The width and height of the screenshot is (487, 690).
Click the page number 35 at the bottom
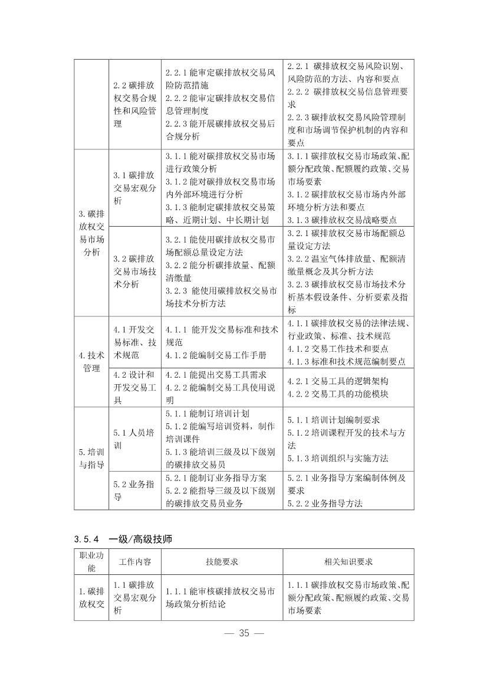click(244, 633)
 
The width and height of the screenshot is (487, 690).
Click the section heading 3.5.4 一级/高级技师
click(123, 539)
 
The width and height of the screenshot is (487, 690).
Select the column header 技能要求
click(222, 562)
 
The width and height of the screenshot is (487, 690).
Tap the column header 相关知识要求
click(348, 562)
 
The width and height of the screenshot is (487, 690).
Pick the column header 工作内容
click(135, 562)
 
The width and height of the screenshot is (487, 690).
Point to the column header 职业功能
click(91, 562)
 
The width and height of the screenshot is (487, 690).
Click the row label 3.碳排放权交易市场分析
click(91, 233)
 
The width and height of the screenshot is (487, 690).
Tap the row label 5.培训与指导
click(91, 458)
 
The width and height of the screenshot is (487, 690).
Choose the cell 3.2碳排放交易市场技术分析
click(135, 272)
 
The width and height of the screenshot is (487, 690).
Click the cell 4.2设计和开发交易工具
click(135, 387)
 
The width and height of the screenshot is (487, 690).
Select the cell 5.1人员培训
click(135, 439)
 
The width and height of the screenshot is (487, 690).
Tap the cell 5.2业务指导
click(135, 490)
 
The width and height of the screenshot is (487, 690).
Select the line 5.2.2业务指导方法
click(325, 503)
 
